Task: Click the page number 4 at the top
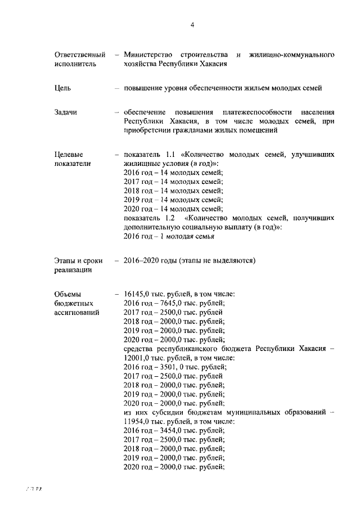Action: coord(192,25)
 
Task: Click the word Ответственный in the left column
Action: coord(80,55)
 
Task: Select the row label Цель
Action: coord(62,88)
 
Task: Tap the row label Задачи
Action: coord(66,112)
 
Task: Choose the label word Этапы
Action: coord(66,261)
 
